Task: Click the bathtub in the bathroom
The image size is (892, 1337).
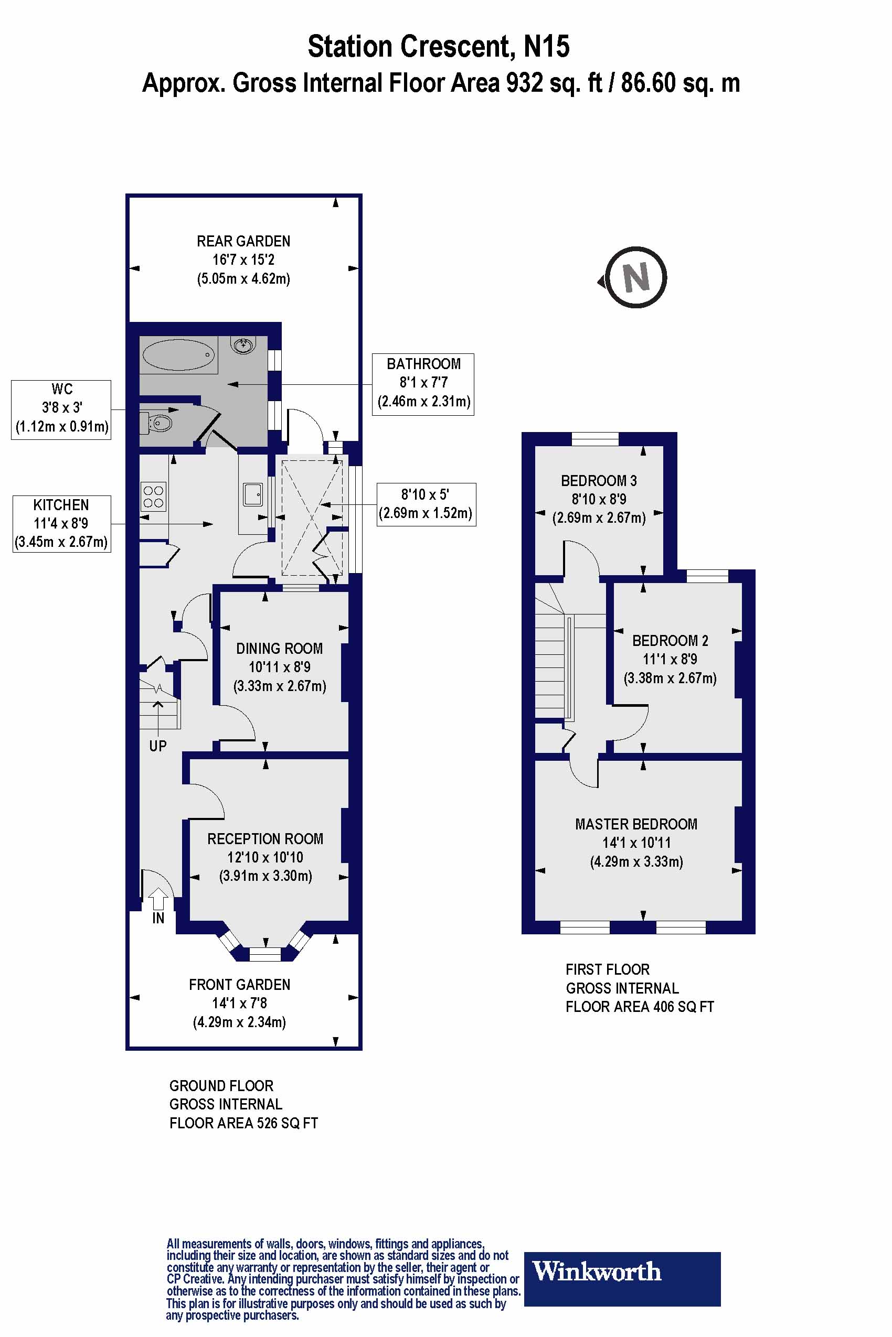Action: point(178,355)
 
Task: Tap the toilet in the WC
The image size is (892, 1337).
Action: point(157,423)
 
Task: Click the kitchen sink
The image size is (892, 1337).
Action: point(252,494)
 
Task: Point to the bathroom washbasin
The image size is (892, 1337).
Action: point(243,344)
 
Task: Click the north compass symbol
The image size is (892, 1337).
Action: point(635,277)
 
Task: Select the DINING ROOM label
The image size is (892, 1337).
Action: point(279,649)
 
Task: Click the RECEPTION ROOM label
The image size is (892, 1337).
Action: point(265,839)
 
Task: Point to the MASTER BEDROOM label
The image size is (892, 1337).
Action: point(636,824)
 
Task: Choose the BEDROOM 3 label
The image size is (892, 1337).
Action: point(599,481)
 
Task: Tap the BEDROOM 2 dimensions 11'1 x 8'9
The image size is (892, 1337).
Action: point(670,660)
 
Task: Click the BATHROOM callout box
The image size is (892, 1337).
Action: point(423,384)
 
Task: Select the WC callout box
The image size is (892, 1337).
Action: point(61,410)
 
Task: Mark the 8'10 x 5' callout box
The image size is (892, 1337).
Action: point(426,504)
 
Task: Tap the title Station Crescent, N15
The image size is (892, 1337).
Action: point(439,47)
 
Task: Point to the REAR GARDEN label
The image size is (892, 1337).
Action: point(243,241)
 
